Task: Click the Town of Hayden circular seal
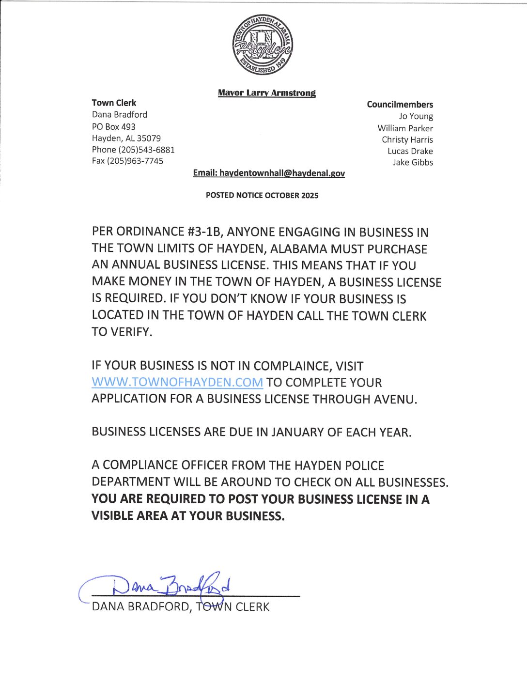point(262,45)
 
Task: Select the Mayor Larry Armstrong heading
point(266,93)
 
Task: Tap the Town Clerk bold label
point(114,103)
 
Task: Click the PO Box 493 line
point(114,126)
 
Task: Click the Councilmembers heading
point(400,104)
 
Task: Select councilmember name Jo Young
point(416,116)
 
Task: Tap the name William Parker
point(405,128)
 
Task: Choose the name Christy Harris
point(407,139)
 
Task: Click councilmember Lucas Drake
point(410,151)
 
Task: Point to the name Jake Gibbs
point(413,162)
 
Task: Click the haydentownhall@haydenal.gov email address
point(282,173)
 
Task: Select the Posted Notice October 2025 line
point(262,196)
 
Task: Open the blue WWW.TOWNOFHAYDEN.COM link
point(177,382)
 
